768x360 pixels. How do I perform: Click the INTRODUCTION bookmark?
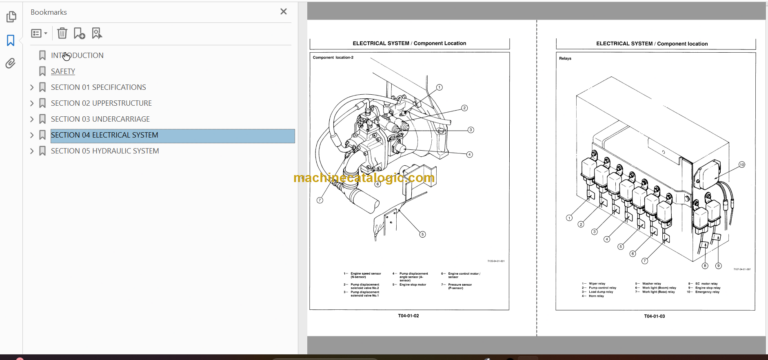coord(77,56)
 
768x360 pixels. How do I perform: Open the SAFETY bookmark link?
coord(63,72)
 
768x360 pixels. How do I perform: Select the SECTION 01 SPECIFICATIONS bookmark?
coord(98,88)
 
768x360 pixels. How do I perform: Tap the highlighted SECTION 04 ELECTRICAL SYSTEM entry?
coord(104,136)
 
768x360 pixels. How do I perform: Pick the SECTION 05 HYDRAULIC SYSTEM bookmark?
coord(104,152)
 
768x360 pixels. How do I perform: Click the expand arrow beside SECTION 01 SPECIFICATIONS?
coord(32,88)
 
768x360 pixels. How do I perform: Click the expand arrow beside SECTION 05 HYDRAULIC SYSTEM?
coord(32,152)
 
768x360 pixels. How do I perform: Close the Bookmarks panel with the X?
coord(284,12)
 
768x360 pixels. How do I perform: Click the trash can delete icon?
coord(62,33)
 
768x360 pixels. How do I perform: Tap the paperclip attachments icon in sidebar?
coord(10,63)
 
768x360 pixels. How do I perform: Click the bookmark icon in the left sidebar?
coord(10,41)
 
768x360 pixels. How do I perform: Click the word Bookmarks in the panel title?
coord(50,12)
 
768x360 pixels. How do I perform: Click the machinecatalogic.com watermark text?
coord(364,178)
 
